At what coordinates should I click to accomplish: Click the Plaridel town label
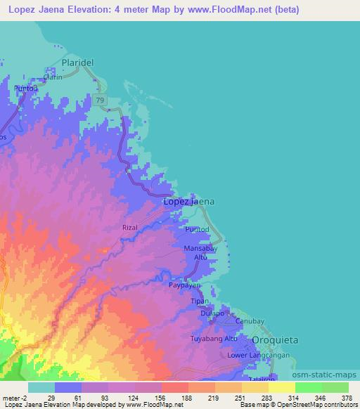coord(77,63)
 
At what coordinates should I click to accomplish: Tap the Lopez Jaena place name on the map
coord(188,202)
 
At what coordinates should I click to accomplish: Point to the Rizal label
coord(131,228)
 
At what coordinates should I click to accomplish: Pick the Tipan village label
coord(200,301)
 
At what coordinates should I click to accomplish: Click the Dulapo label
coord(212,313)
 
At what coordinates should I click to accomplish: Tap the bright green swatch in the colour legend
coord(308,387)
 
